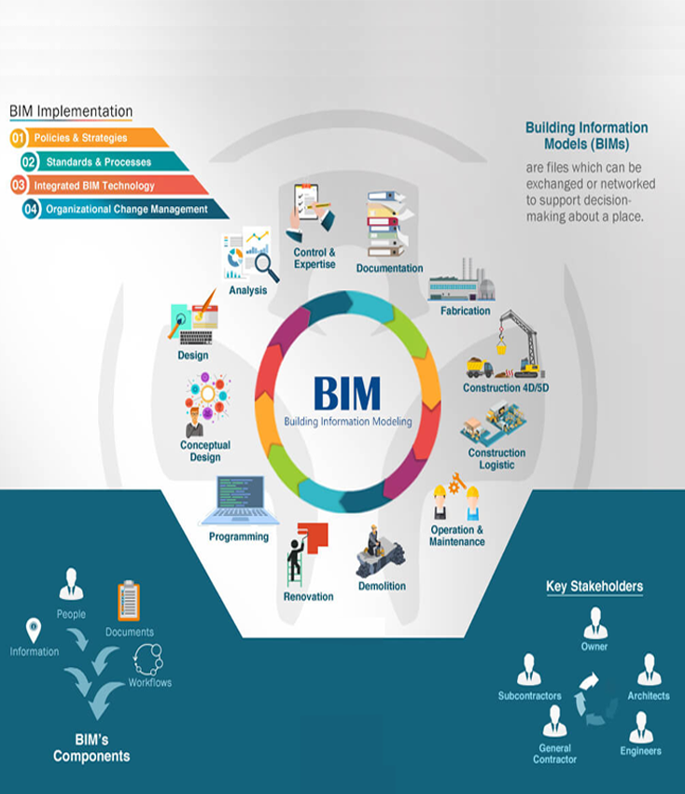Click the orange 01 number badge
pos(18,138)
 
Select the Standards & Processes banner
pos(98,161)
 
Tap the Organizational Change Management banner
pos(126,209)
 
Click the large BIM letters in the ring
pos(347,393)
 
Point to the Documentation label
pos(389,269)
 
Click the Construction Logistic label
pos(496,459)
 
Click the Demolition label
pos(382,586)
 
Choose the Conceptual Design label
pos(205,452)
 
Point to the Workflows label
pos(149,682)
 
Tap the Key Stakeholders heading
pos(594,587)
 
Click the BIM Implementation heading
pos(71,112)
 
